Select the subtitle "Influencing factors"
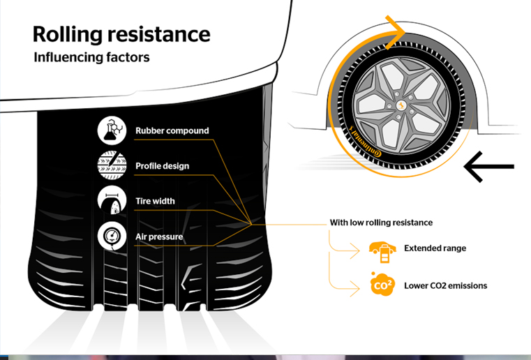coord(91,57)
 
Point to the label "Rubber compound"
coord(172,130)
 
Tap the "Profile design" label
coord(162,166)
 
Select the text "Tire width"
coord(155,202)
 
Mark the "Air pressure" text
coord(159,237)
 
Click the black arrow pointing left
coord(488,167)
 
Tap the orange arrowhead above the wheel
coord(398,30)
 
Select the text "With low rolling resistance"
coord(381,223)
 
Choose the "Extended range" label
coord(435,248)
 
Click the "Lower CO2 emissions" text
coord(445,285)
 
